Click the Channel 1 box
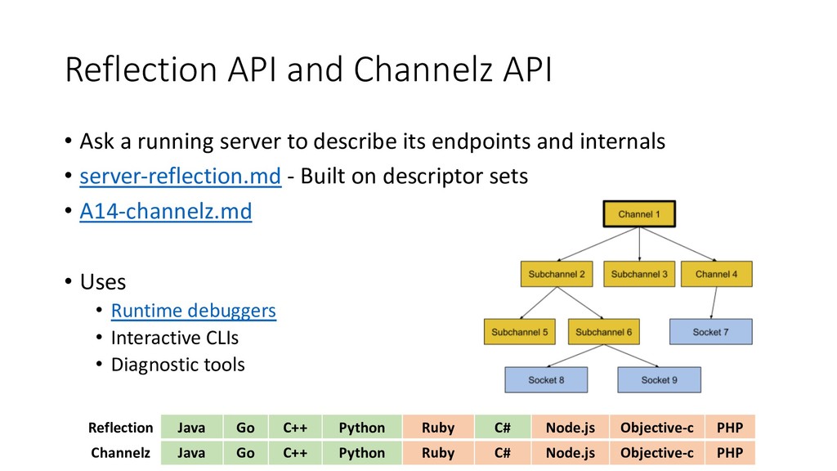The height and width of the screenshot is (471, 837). (639, 214)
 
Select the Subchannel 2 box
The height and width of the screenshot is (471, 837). (557, 274)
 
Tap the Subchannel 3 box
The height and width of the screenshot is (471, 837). (639, 274)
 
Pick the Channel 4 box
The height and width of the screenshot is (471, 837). (716, 274)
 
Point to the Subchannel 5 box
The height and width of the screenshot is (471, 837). (519, 332)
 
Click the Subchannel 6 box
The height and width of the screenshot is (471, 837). (604, 332)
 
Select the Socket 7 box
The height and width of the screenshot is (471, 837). (710, 332)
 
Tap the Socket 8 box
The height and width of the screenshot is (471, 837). (546, 379)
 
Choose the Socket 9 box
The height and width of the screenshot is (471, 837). (660, 379)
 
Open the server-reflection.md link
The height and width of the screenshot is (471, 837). (181, 177)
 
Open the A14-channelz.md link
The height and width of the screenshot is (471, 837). (165, 211)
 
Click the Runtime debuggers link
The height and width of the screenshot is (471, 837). (193, 310)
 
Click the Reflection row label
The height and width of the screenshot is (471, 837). (121, 428)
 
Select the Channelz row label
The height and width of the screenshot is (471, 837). (121, 453)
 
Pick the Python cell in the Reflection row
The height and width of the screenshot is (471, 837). (362, 427)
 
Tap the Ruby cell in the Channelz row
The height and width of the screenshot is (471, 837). (438, 453)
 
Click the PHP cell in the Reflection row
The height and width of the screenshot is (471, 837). (730, 427)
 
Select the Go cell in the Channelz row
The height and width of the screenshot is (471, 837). (245, 453)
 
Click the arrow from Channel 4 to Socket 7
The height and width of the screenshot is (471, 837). (714, 303)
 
